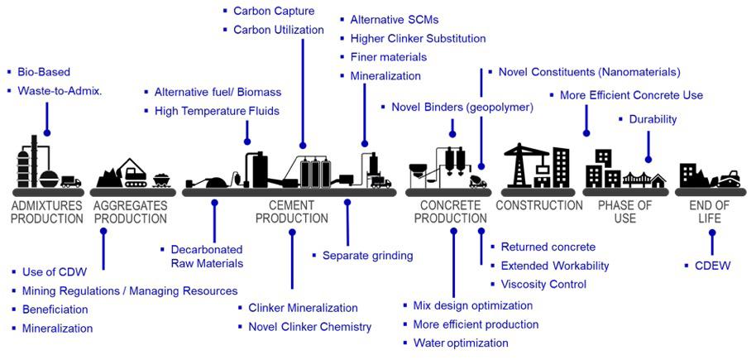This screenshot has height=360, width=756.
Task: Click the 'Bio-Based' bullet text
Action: point(43,72)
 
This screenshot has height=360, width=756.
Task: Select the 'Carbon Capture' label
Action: point(267,11)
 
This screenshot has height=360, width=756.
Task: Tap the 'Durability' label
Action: point(653,119)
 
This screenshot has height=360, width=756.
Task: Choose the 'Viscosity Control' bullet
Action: point(543,284)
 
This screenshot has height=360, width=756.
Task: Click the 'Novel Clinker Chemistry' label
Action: point(309,326)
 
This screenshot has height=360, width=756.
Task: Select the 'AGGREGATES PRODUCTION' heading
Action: point(131,212)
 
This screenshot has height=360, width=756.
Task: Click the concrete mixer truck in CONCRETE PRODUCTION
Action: point(476,180)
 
